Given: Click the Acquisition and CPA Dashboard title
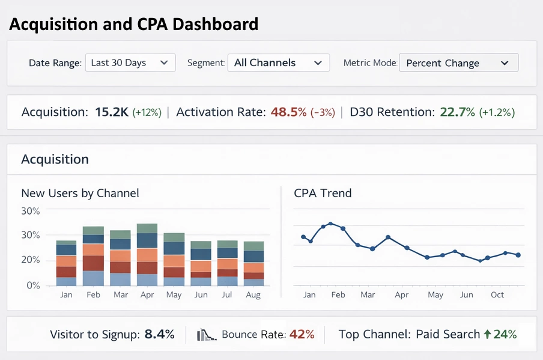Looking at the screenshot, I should pyautogui.click(x=133, y=25).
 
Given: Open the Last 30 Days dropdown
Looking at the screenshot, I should pyautogui.click(x=130, y=63).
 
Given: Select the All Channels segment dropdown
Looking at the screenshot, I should pyautogui.click(x=278, y=63).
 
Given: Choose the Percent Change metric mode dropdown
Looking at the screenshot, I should pyautogui.click(x=458, y=63).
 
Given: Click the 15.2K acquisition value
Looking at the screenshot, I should pyautogui.click(x=111, y=112).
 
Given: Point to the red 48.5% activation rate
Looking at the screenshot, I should pyautogui.click(x=288, y=112).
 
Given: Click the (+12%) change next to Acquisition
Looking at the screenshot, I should pyautogui.click(x=147, y=112).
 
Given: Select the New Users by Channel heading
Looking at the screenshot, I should pyautogui.click(x=80, y=193).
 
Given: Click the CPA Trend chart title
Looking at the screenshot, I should pyautogui.click(x=323, y=193).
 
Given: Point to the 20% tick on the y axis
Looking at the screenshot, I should pyautogui.click(x=30, y=260).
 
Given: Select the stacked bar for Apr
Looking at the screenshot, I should pyautogui.click(x=147, y=255).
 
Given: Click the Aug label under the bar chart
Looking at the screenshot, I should pyautogui.click(x=253, y=295).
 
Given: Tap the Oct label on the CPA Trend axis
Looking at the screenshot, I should pyautogui.click(x=497, y=295).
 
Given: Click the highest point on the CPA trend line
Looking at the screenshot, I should pyautogui.click(x=330, y=224).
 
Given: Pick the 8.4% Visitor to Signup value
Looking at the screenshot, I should pyautogui.click(x=159, y=334).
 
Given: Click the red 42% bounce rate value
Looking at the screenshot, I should pyautogui.click(x=302, y=334).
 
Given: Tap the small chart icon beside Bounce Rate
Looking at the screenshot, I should pyautogui.click(x=206, y=335).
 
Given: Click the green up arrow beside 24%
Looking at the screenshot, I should pyautogui.click(x=487, y=334).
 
